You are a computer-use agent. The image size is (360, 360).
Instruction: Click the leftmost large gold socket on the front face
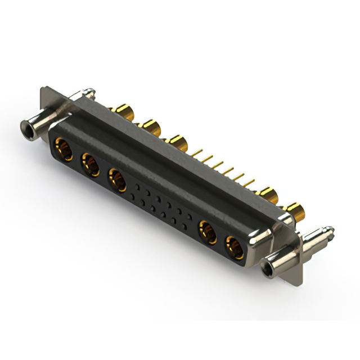62,150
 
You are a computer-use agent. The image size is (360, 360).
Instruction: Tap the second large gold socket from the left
89,165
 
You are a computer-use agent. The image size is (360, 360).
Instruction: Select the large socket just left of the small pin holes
117,181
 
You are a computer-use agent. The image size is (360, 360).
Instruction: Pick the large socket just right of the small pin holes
208,232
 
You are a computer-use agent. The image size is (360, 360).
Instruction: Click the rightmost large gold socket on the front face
235,247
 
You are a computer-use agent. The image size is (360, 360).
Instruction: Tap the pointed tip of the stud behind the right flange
331,229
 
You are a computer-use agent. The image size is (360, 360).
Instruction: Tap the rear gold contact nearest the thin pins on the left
177,141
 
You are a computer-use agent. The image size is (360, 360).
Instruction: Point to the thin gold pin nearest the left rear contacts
198,152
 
